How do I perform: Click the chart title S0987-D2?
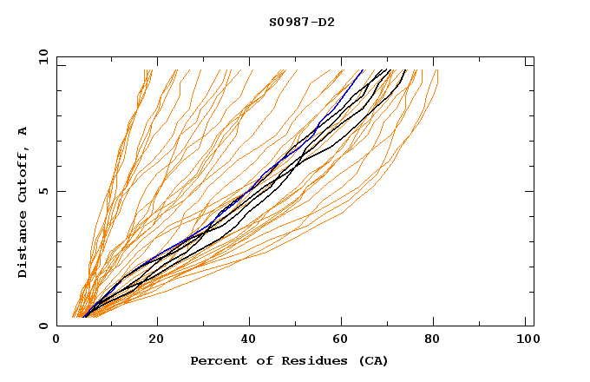click(x=301, y=22)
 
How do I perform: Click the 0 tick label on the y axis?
click(x=43, y=326)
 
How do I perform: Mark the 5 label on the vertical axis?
click(x=43, y=191)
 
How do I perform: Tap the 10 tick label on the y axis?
click(x=41, y=56)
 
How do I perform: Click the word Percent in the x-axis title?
click(x=216, y=360)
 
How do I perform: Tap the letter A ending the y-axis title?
click(x=23, y=131)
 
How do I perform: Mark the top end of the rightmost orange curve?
click(x=437, y=70)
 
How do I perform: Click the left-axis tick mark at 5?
click(x=60, y=191)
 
